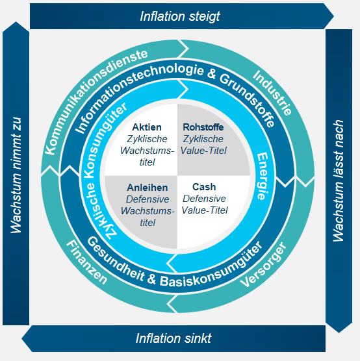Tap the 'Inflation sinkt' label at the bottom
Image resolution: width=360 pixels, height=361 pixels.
pyautogui.click(x=174, y=338)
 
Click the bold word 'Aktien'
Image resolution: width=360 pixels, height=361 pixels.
pyautogui.click(x=146, y=127)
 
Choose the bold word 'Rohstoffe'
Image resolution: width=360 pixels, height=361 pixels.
pyautogui.click(x=203, y=127)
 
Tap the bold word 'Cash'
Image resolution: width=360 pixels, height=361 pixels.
pyautogui.click(x=204, y=186)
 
